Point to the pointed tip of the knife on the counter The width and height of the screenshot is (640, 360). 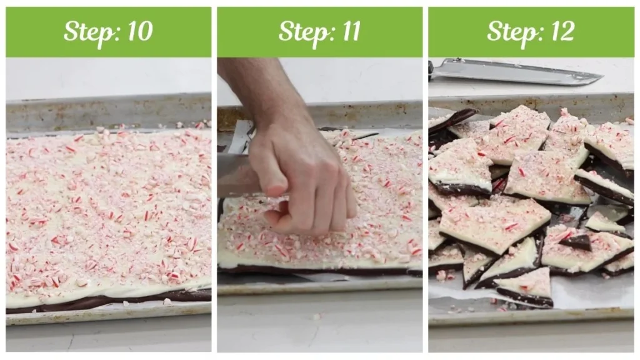[x=600, y=78]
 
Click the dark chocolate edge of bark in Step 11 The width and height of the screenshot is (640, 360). [x=312, y=271]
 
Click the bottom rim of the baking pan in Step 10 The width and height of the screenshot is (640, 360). [x=106, y=319]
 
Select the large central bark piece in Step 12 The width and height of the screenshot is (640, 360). [x=494, y=222]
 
